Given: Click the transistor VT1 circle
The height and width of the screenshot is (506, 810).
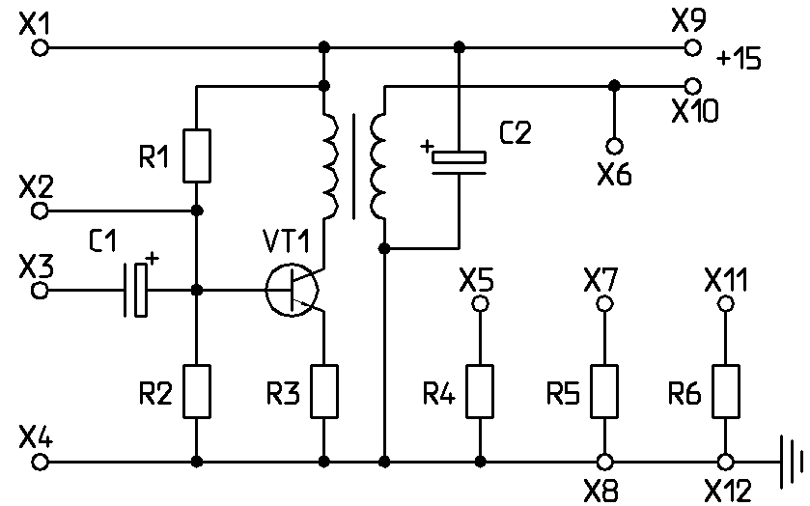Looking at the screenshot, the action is pyautogui.click(x=265, y=291).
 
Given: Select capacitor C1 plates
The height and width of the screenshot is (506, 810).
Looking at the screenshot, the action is pyautogui.click(x=135, y=290).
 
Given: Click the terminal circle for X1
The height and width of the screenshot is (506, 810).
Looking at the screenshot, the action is pyautogui.click(x=40, y=48).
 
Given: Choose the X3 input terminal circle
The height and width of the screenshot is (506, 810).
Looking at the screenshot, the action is pyautogui.click(x=40, y=291).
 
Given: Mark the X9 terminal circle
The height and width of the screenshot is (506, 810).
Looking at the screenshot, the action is pyautogui.click(x=693, y=47).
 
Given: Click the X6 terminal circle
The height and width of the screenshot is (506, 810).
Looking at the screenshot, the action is pyautogui.click(x=614, y=147).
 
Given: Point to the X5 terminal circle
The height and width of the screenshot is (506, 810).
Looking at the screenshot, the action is pyautogui.click(x=480, y=304).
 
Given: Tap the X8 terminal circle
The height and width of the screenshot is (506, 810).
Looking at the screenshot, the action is pyautogui.click(x=604, y=462).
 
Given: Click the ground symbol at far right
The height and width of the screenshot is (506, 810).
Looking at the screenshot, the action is pyautogui.click(x=791, y=462).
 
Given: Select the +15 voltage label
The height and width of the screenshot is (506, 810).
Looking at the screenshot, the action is pyautogui.click(x=739, y=60).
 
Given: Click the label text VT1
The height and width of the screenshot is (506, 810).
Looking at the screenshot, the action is pyautogui.click(x=286, y=241).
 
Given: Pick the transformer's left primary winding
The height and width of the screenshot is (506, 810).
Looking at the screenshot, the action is pyautogui.click(x=331, y=165).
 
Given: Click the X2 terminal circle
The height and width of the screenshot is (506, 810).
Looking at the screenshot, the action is pyautogui.click(x=40, y=211).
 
